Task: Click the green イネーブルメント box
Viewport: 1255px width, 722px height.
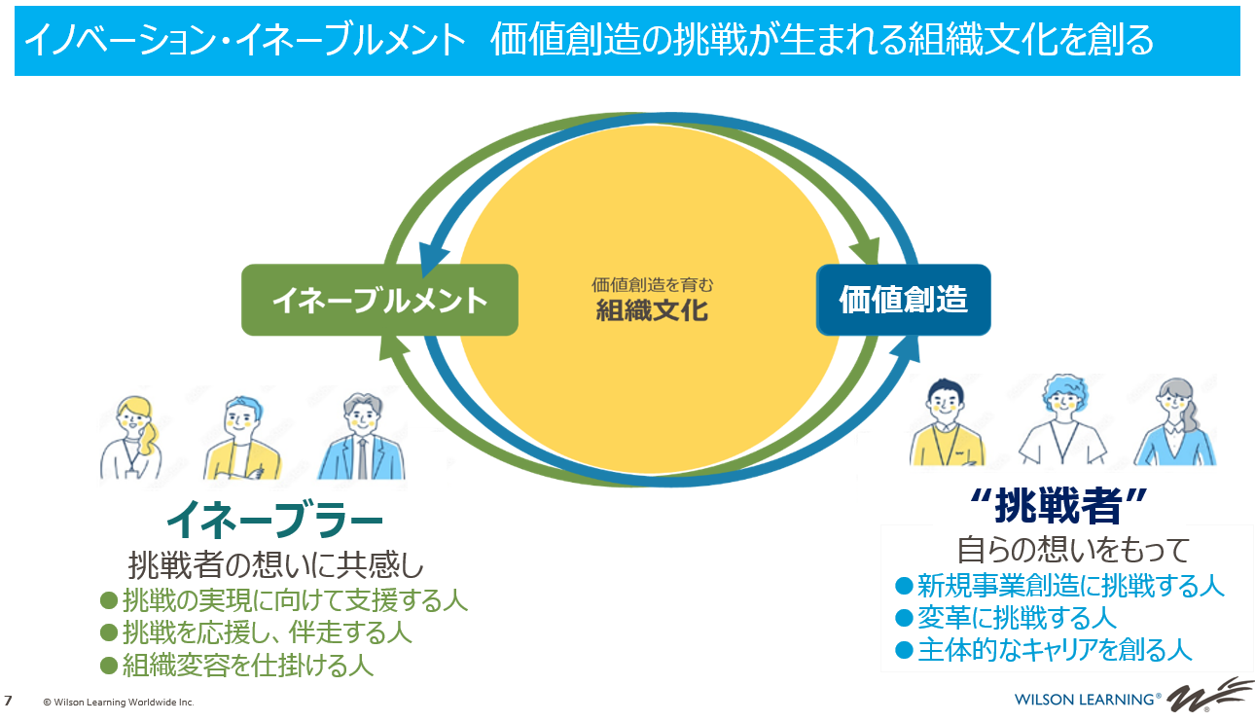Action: (379, 301)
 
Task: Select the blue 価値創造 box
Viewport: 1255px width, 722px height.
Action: (903, 300)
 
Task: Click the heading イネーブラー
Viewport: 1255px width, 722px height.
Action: (275, 521)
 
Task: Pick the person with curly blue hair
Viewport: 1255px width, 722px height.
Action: (1062, 420)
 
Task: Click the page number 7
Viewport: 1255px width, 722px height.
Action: (9, 701)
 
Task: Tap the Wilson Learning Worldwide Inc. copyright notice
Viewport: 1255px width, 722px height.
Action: (118, 702)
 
